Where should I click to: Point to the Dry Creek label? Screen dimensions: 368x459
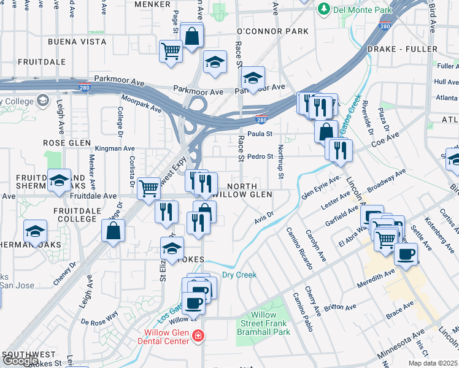pyautogui.click(x=239, y=275)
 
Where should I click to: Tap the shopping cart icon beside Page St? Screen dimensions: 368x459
pyautogui.click(x=171, y=50)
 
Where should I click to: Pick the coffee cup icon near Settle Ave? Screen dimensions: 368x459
pyautogui.click(x=405, y=253)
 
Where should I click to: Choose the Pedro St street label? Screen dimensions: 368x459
pyautogui.click(x=260, y=156)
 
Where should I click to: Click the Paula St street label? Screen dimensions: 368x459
pyautogui.click(x=260, y=134)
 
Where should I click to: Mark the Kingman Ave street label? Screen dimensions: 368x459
pyautogui.click(x=115, y=148)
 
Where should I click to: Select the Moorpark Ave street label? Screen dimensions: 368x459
pyautogui.click(x=142, y=104)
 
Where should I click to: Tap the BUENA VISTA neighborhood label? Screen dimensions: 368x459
pyautogui.click(x=77, y=42)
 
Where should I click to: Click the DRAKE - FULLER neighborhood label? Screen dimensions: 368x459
pyautogui.click(x=402, y=48)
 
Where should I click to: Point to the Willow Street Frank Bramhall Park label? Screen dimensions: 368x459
pyautogui.click(x=264, y=323)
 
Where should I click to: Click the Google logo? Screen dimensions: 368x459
pyautogui.click(x=20, y=361)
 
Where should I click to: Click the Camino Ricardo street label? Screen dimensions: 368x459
pyautogui.click(x=299, y=249)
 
